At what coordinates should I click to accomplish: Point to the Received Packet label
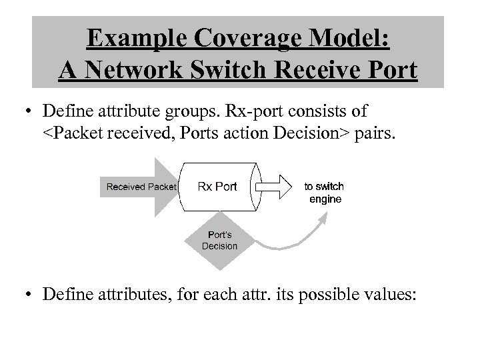pos(141,187)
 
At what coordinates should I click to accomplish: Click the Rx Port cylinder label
pos(217,186)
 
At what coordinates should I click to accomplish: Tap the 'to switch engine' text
pos(324,193)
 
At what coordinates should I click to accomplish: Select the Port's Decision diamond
pos(219,240)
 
